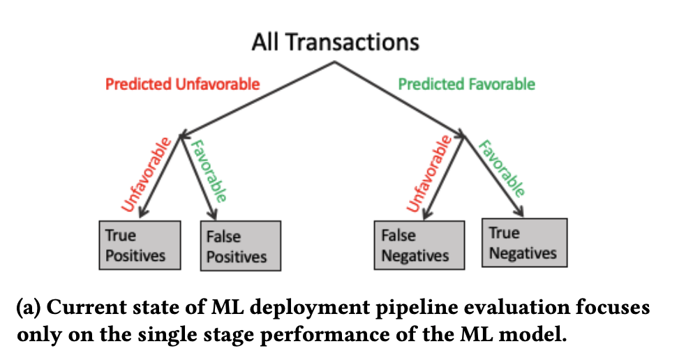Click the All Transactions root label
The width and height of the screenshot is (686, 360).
click(336, 43)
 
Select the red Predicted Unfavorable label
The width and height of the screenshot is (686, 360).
click(182, 84)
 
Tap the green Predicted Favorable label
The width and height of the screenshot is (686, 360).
click(466, 84)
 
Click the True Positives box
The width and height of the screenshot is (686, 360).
click(140, 245)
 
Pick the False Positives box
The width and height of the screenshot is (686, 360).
click(241, 246)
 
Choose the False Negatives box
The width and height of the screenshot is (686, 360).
click(419, 245)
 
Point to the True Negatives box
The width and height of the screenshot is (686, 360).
click(525, 242)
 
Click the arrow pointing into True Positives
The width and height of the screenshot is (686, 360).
click(160, 177)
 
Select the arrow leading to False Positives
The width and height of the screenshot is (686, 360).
click(198, 177)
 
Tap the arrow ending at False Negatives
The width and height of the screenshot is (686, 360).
click(444, 177)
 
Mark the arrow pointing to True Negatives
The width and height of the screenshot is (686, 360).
click(493, 177)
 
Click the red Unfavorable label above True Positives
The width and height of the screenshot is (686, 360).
click(146, 174)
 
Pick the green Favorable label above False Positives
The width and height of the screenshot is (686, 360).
click(209, 171)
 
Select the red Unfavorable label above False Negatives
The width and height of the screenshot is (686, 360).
click(429, 174)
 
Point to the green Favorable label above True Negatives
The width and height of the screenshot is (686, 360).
click(501, 168)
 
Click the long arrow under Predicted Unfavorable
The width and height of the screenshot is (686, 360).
click(258, 99)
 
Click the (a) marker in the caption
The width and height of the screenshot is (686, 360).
click(29, 308)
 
